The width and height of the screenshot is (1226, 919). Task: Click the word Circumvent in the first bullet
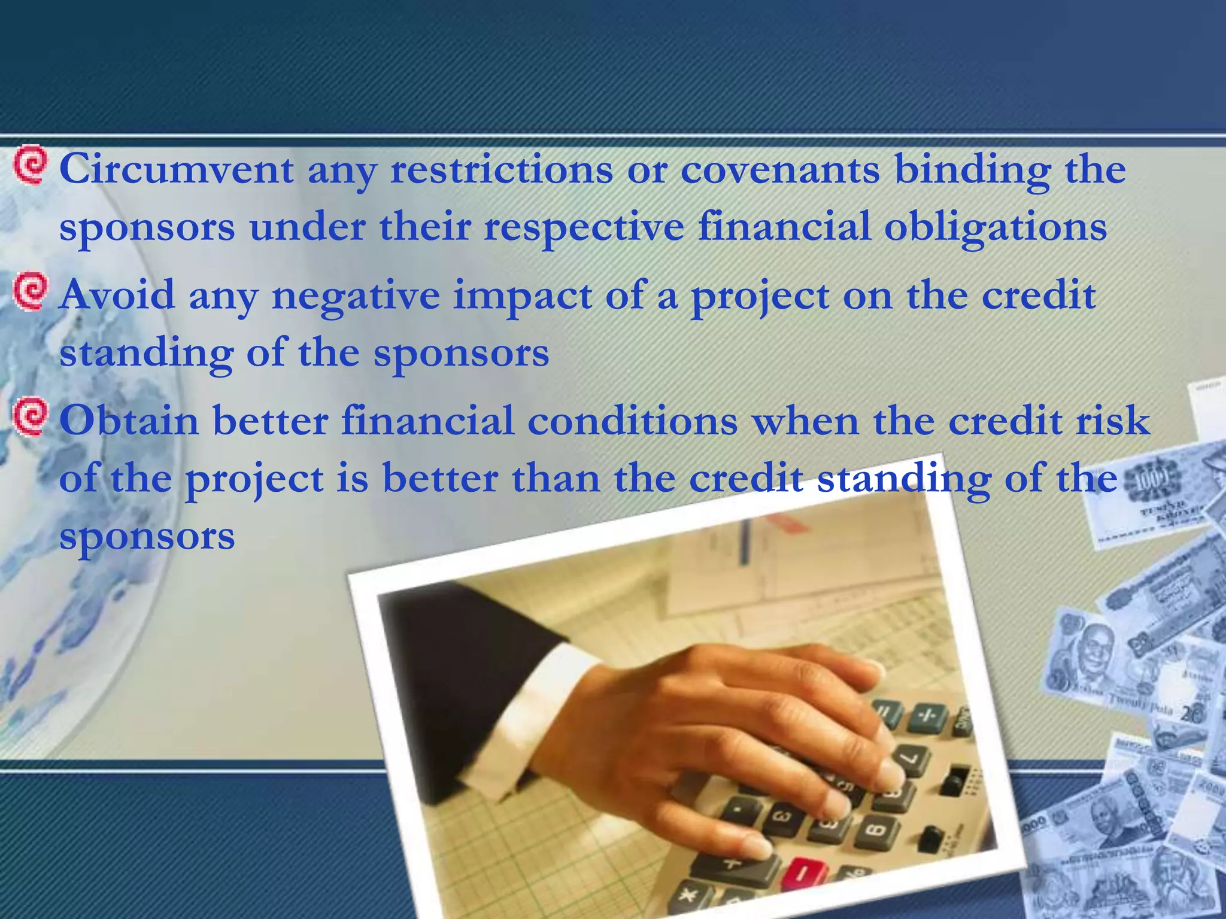point(177,170)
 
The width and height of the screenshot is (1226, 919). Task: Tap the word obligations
point(995,227)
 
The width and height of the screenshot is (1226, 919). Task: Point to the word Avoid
point(117,296)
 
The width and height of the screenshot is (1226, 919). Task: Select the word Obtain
point(129,421)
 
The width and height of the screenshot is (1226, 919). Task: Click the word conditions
point(632,421)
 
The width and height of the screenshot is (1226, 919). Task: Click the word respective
point(583,227)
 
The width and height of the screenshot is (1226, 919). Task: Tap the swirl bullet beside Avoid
point(29,291)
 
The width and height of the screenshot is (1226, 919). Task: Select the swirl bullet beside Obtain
point(29,416)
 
